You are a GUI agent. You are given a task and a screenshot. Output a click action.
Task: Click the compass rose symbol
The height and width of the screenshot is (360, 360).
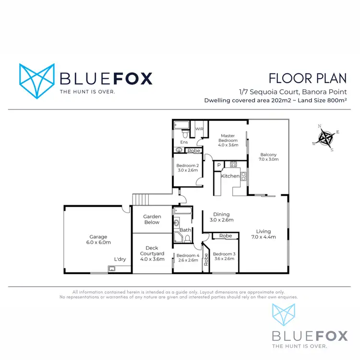pos(326,138)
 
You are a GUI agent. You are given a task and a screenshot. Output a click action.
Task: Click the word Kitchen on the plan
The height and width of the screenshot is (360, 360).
pos(230,176)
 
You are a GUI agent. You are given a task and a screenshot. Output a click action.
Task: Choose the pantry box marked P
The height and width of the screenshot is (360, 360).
pos(219,166)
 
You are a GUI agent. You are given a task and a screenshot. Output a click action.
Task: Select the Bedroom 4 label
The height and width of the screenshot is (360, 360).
pos(188,255)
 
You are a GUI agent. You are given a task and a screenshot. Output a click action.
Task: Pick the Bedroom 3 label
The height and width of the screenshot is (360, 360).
pos(224,254)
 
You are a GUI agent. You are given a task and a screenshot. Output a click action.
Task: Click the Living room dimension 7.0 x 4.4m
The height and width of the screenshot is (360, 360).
pos(263,237)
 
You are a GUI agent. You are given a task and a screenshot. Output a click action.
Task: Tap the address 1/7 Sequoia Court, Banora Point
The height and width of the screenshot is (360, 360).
pos(293,92)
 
